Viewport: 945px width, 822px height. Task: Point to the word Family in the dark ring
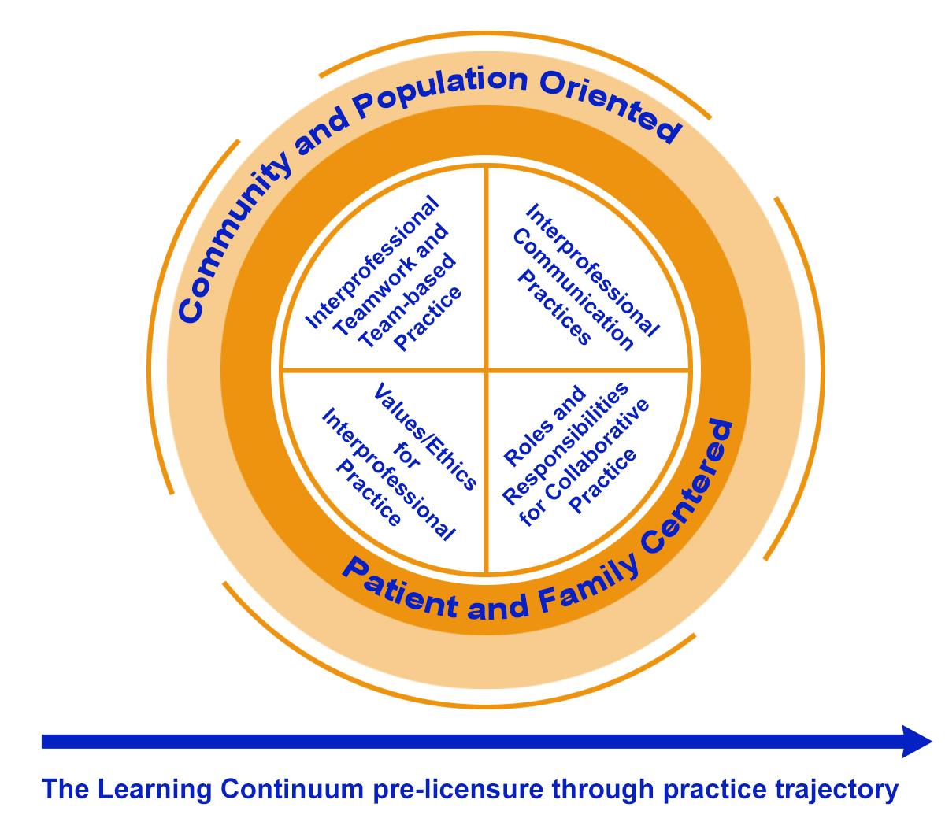[584, 586]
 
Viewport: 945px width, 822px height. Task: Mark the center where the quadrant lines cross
[487, 369]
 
